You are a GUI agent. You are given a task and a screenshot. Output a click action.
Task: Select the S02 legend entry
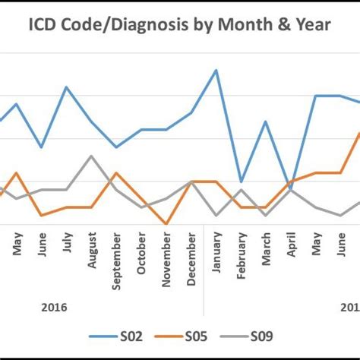122,336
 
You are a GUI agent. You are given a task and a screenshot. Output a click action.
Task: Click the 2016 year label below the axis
54,308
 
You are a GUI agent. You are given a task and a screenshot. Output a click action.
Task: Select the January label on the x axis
216,252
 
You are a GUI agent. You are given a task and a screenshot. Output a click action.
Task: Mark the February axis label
242,254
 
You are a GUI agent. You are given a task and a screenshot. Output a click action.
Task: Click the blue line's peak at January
216,70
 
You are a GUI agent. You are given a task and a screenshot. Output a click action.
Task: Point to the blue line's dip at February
242,182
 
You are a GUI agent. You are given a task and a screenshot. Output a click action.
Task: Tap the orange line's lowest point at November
166,224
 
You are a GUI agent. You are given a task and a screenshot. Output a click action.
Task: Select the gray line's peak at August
92,156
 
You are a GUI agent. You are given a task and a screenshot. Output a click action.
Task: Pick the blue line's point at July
67,87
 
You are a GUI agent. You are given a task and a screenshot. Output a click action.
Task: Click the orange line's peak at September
116,172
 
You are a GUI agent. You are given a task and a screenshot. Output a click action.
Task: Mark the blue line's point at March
266,122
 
